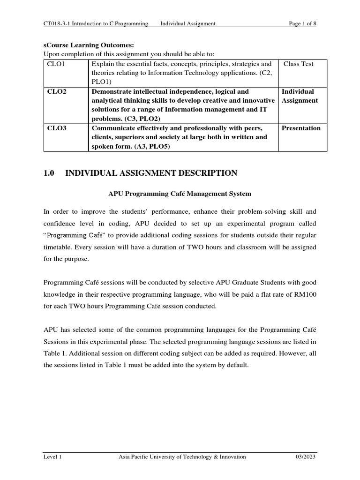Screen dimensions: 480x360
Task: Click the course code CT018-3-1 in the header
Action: coord(56,24)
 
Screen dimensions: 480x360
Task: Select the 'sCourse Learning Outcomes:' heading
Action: coord(89,45)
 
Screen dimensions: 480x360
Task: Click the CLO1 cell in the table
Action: coord(56,64)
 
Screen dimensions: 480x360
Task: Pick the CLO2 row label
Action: coord(57,91)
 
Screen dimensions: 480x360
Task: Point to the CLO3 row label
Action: coord(57,128)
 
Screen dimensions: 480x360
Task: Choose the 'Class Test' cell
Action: coord(299,64)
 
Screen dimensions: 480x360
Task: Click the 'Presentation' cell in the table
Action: coord(301,128)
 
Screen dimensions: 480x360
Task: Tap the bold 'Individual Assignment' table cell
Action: coord(300,96)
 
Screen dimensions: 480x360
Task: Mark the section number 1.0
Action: coord(49,173)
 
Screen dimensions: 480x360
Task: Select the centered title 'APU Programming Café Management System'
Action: coord(180,193)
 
